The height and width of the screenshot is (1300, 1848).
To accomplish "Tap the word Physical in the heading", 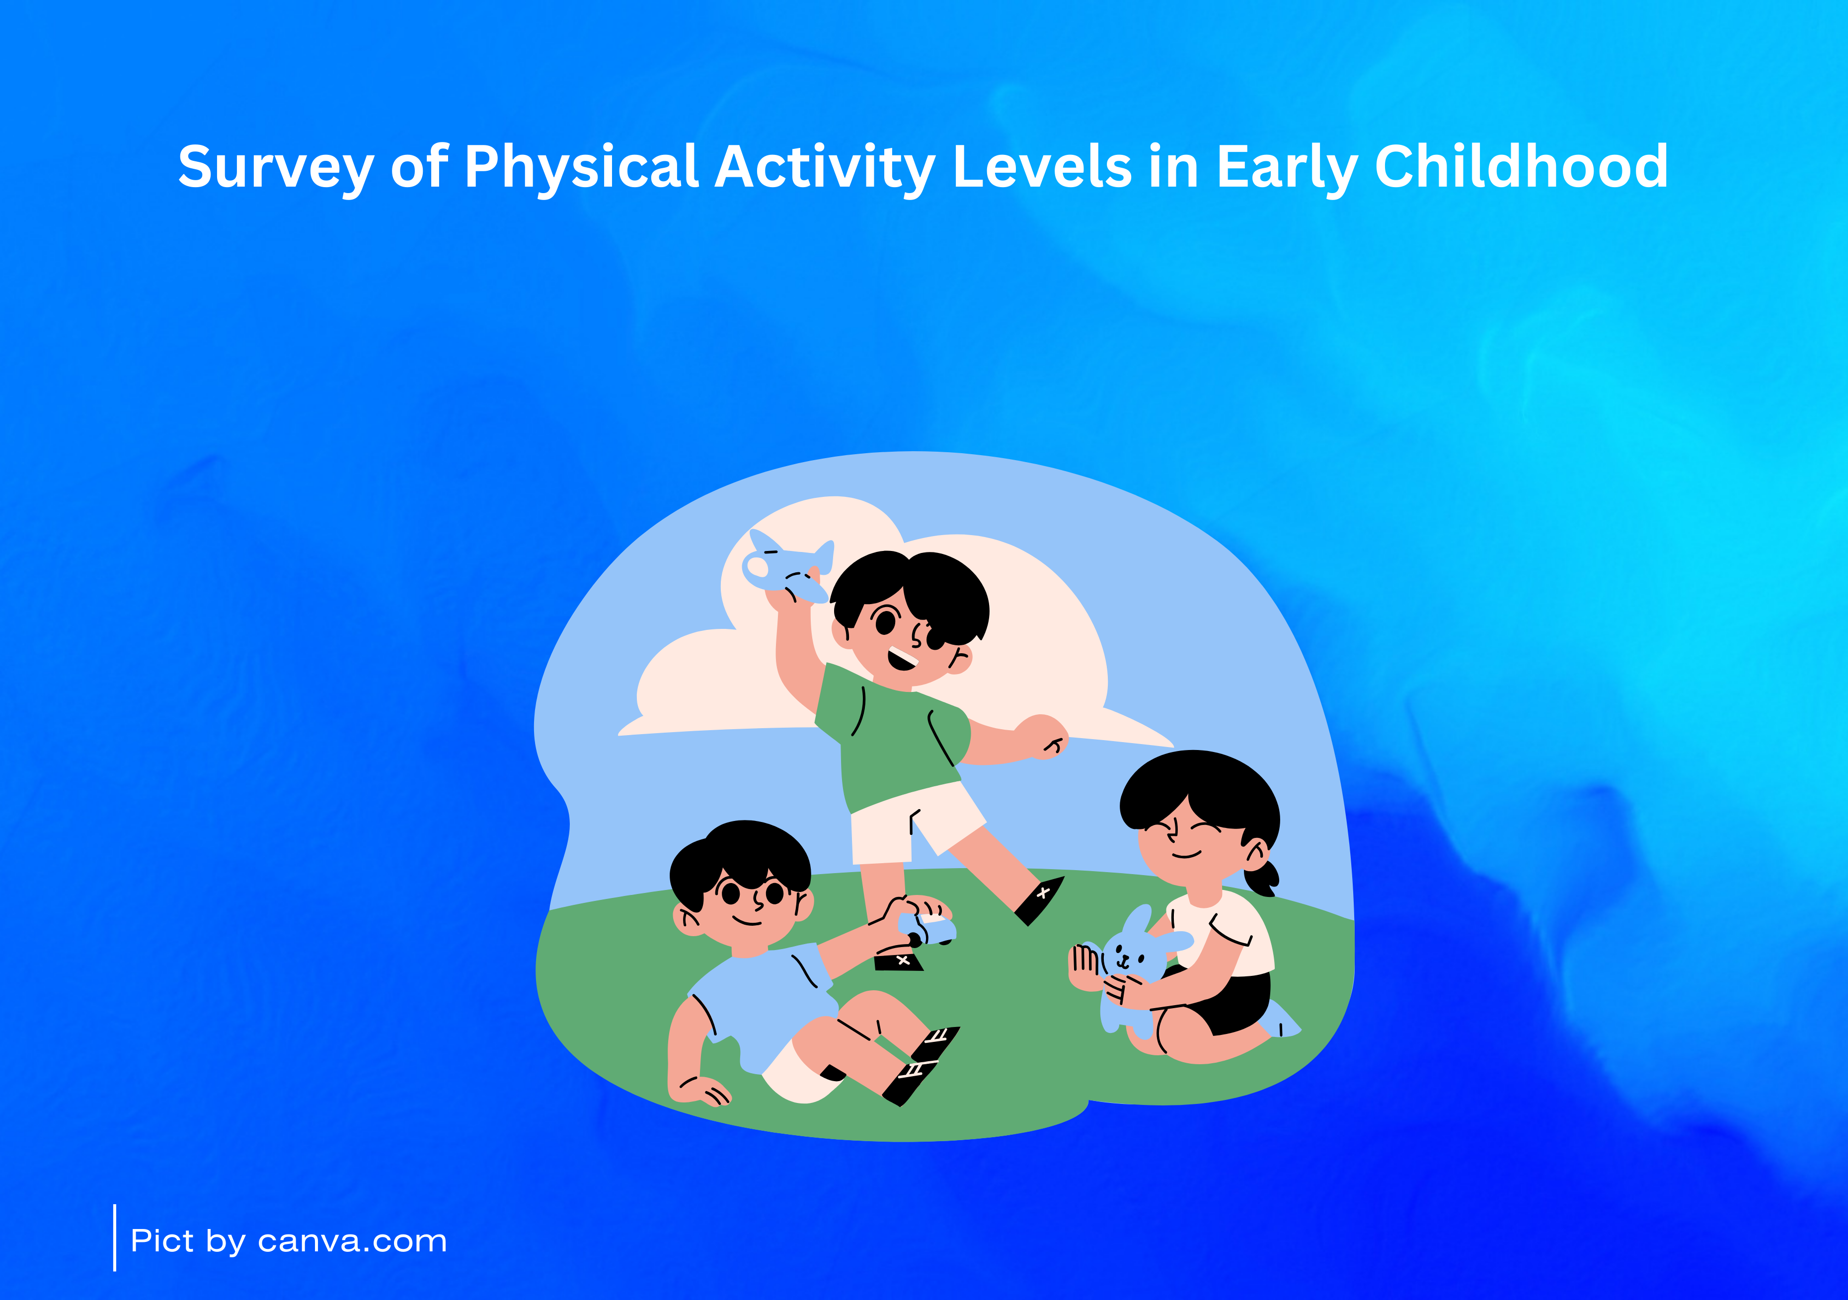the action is [x=581, y=167].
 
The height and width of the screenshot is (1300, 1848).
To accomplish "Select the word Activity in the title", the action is [x=825, y=167].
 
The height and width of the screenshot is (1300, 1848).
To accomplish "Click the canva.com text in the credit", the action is [x=353, y=1241].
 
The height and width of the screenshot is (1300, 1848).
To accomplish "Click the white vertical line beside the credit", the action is [x=115, y=1238].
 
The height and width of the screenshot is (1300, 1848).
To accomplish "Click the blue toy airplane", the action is [x=786, y=565].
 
